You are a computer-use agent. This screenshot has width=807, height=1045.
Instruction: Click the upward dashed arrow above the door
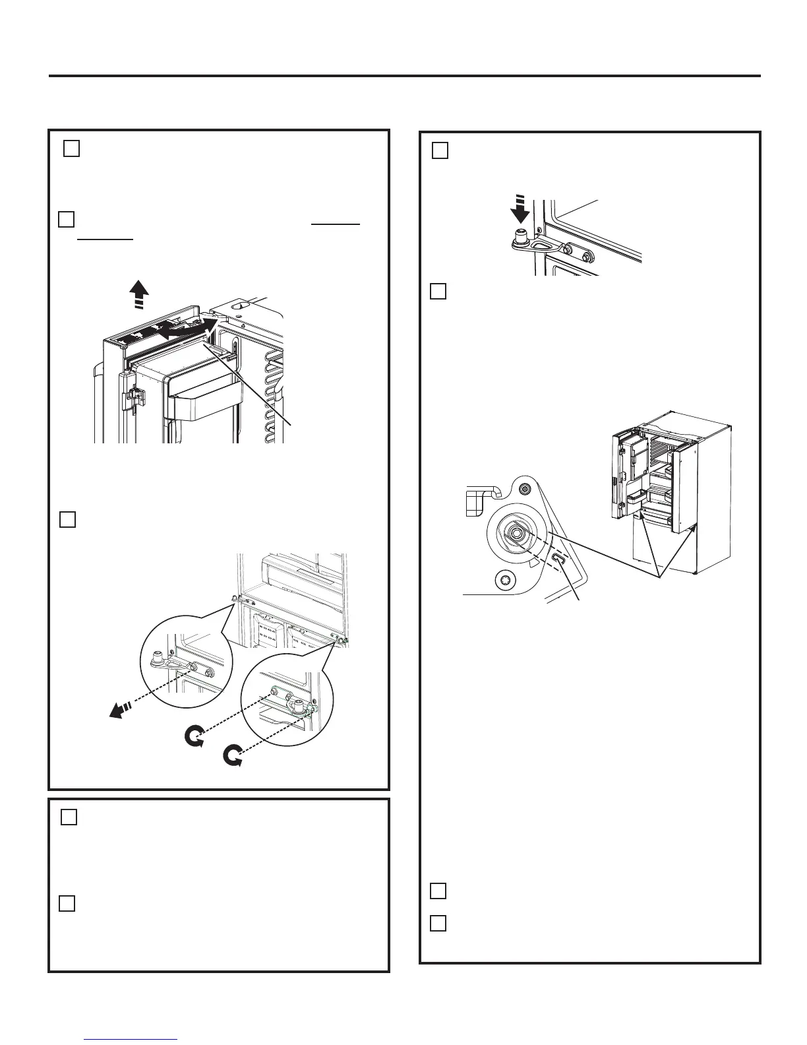coord(139,294)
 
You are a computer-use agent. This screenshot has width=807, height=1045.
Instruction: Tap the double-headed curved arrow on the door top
coord(188,328)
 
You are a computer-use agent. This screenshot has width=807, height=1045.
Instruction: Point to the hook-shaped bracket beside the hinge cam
coord(484,499)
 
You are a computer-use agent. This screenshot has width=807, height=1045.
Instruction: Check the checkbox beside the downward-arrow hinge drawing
coord(440,151)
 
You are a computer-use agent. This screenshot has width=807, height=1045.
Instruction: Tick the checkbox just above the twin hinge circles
coord(67,520)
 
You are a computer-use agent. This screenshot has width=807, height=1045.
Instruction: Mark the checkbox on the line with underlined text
coord(66,219)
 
